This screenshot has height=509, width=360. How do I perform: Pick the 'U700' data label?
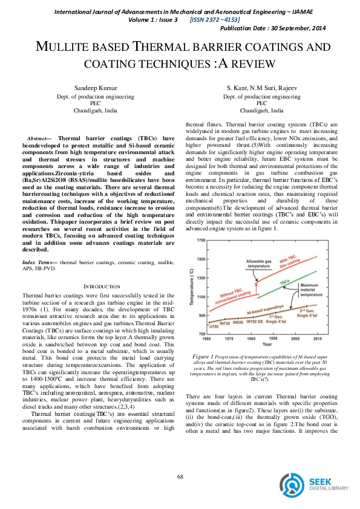click(213, 326)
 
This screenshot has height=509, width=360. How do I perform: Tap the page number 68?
click(180, 477)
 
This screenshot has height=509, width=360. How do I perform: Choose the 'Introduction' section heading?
click(97, 286)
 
